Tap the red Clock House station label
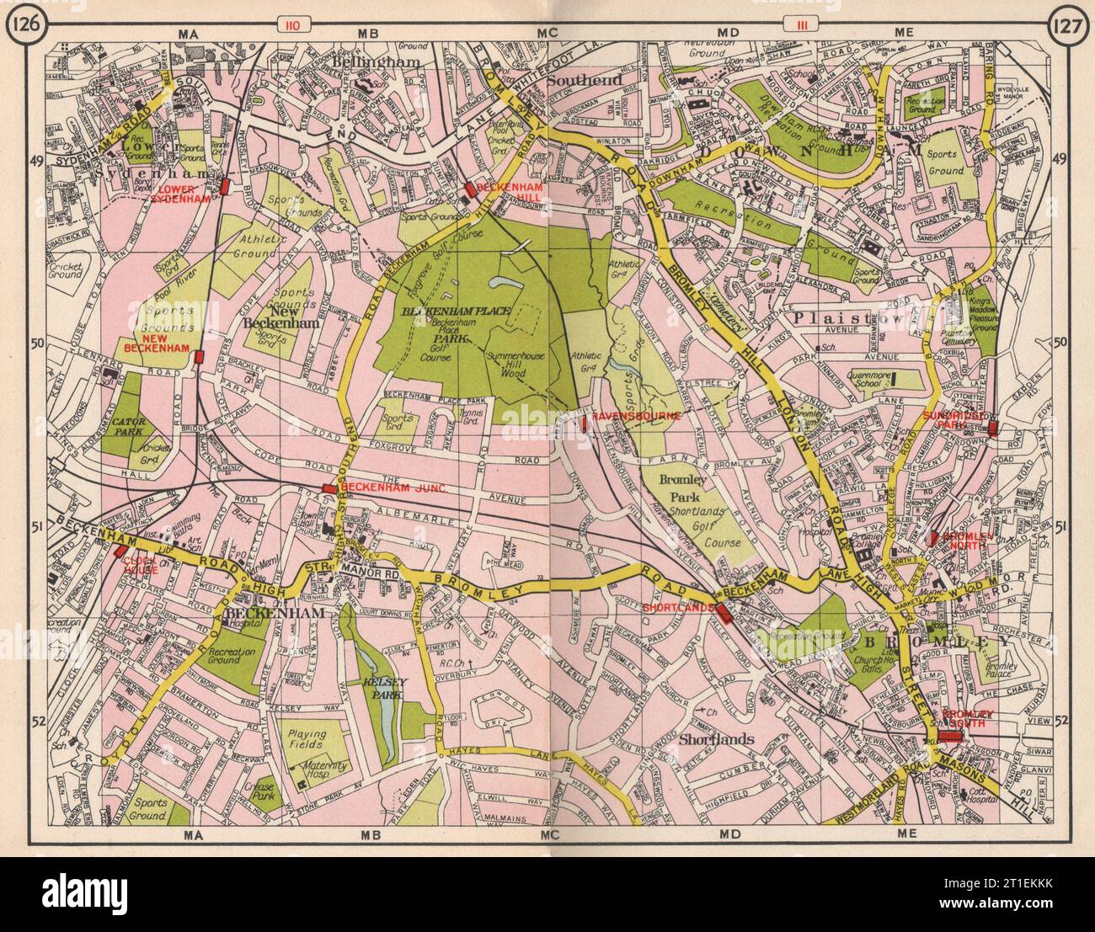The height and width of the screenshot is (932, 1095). click(139, 562)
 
